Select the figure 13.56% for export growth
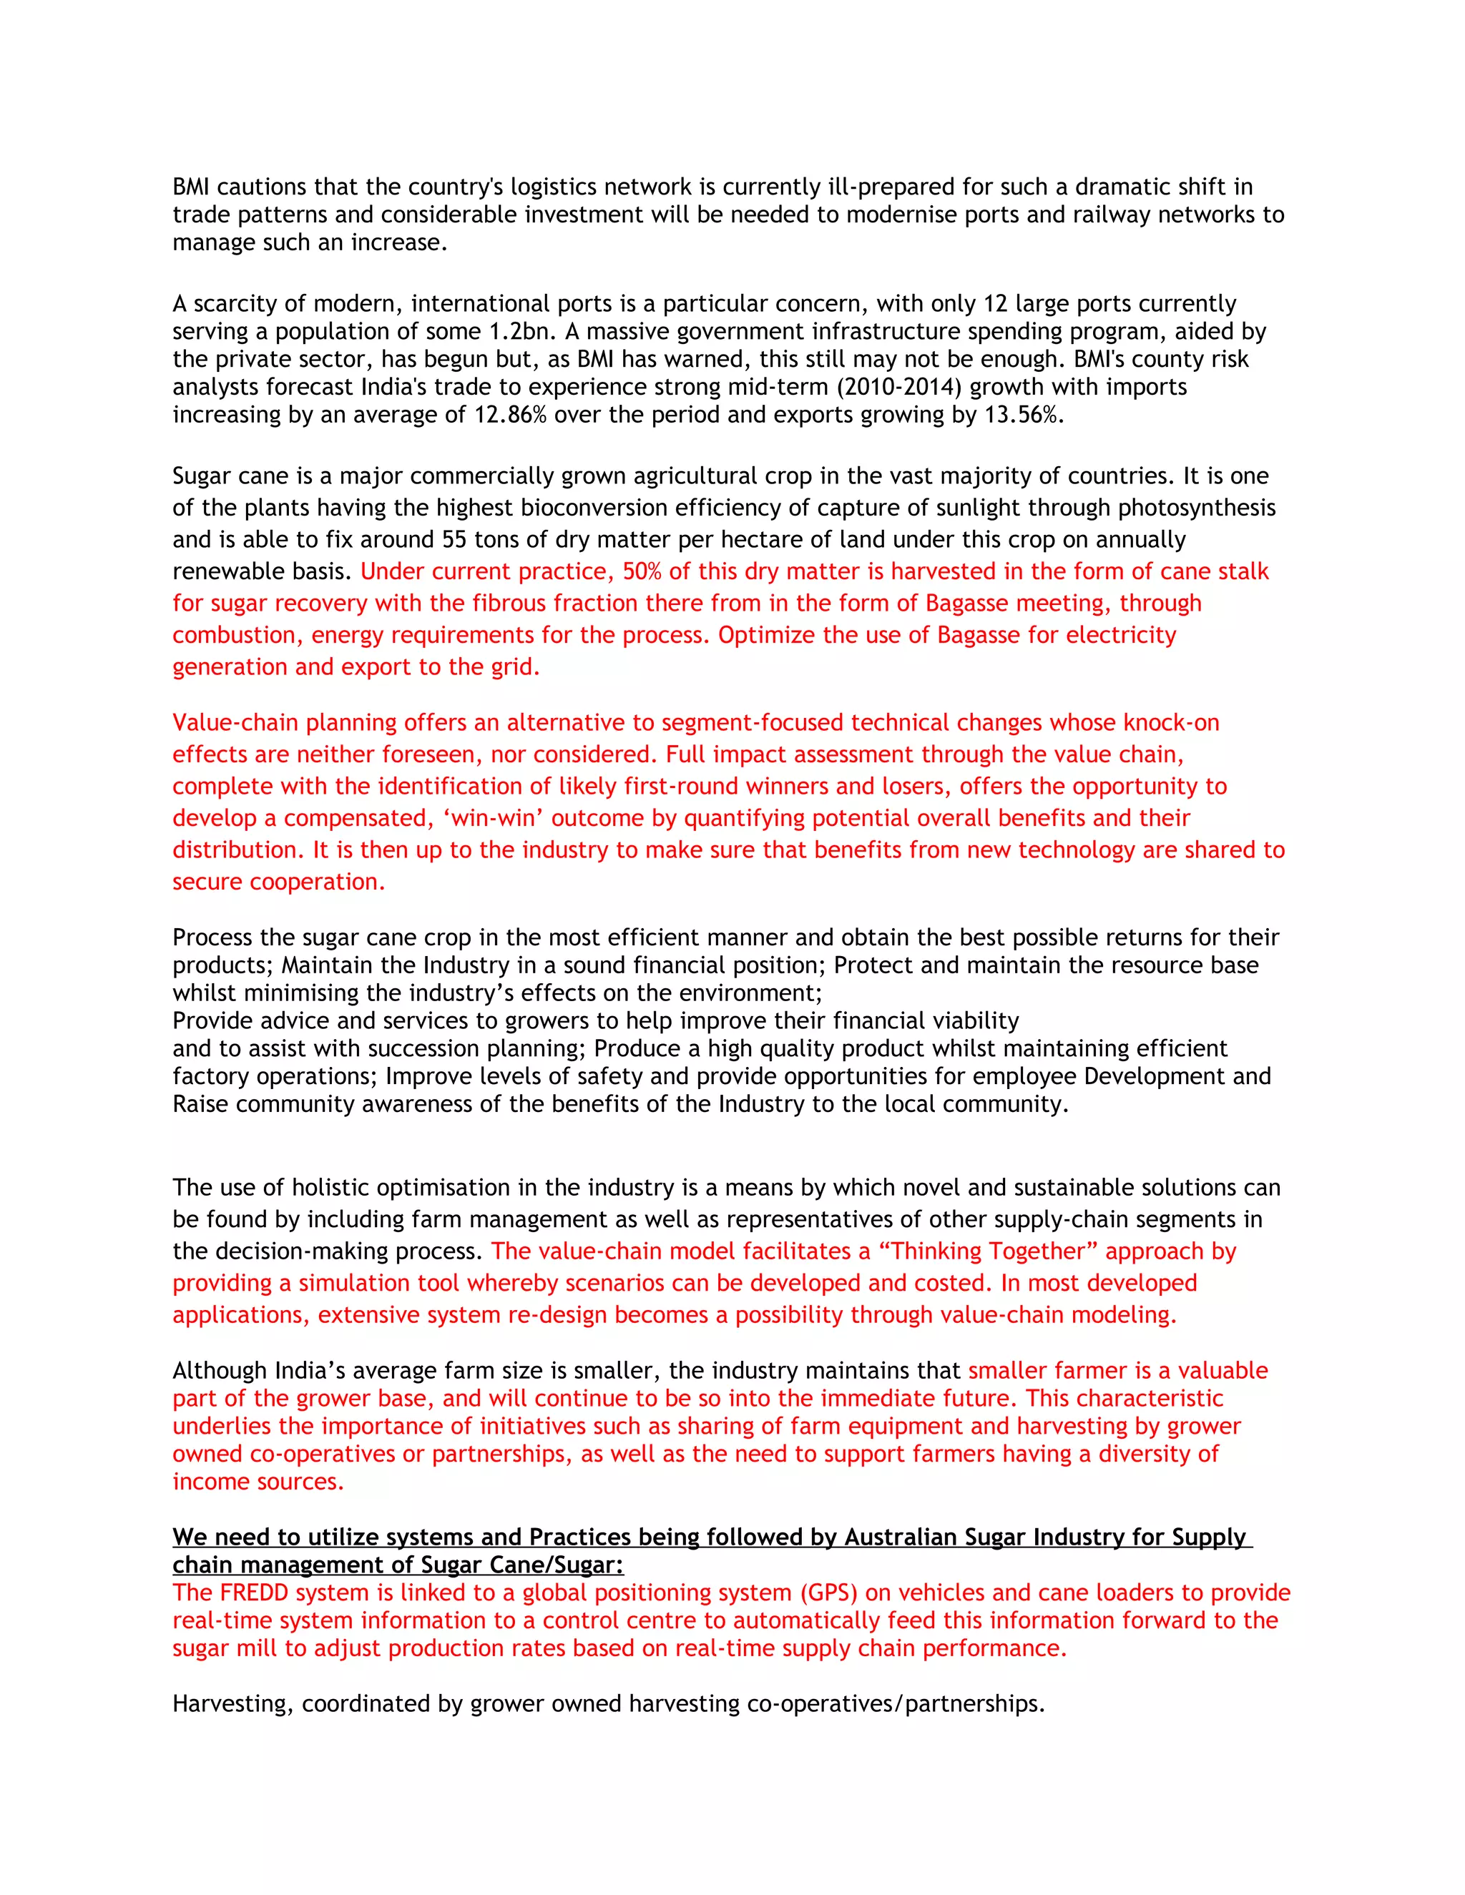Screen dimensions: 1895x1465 click(x=1022, y=415)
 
